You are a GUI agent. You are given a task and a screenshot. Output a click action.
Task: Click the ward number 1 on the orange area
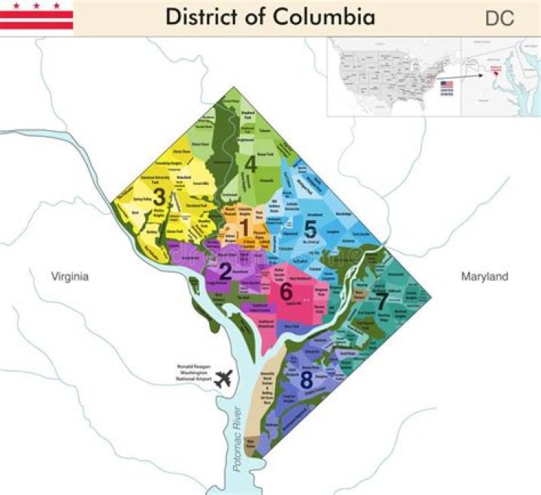point(244,226)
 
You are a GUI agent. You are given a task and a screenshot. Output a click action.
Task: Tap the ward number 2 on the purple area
point(224,271)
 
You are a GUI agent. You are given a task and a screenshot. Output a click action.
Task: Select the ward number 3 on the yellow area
point(159,198)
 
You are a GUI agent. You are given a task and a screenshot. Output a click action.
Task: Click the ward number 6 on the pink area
point(286,292)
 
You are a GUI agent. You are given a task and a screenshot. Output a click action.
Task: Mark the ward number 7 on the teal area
point(382,303)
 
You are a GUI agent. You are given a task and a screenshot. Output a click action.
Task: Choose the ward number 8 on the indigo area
point(307,380)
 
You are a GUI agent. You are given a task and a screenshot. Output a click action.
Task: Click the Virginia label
point(70,277)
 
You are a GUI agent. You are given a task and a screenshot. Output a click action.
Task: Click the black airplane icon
point(223,379)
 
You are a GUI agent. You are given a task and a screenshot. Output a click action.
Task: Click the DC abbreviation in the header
point(500,19)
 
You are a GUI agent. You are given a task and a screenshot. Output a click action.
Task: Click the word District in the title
point(202,17)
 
